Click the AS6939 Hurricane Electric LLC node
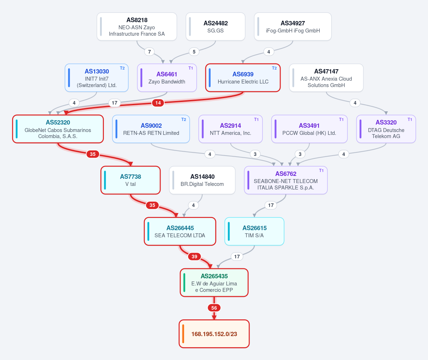click(x=243, y=78)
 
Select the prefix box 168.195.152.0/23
click(x=214, y=334)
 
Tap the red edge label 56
click(x=214, y=308)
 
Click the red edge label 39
click(x=194, y=257)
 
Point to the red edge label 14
click(x=158, y=103)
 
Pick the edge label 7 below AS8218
click(x=149, y=51)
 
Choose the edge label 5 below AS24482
click(x=194, y=51)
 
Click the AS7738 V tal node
click(x=131, y=180)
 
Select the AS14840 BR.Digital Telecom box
click(x=202, y=180)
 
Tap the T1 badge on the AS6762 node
click(x=321, y=171)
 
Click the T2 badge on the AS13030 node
click(x=122, y=68)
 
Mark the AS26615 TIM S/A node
click(x=255, y=231)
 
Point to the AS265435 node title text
click(x=214, y=276)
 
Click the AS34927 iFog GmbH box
click(x=293, y=27)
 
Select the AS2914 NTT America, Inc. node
click(x=231, y=129)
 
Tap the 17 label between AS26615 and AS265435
click(x=237, y=257)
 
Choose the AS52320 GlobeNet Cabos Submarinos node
click(x=58, y=129)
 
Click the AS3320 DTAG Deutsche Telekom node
click(x=386, y=129)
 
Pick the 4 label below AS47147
click(x=355, y=103)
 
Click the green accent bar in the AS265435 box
click(x=185, y=283)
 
